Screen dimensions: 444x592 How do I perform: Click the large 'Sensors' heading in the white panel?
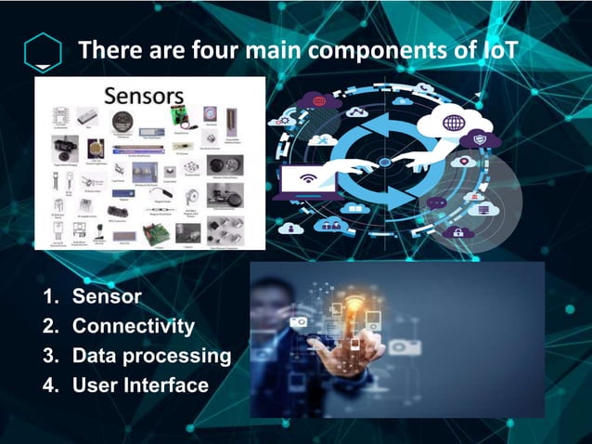pyautogui.click(x=144, y=96)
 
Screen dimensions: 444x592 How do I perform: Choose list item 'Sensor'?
pyautogui.click(x=107, y=297)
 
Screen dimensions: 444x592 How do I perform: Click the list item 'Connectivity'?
pyautogui.click(x=134, y=326)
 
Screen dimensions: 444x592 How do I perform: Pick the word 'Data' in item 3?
pyautogui.click(x=94, y=356)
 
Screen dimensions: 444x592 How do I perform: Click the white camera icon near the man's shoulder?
pyautogui.click(x=300, y=321)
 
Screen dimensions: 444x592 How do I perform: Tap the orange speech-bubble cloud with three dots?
pyautogui.click(x=436, y=201)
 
